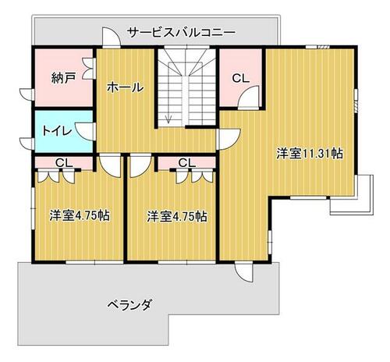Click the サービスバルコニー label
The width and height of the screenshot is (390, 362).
182,33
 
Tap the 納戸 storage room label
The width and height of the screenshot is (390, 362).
64,78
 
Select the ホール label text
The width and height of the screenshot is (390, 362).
126,87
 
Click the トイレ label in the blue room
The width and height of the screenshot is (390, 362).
57,131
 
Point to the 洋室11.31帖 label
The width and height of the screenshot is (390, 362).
310,154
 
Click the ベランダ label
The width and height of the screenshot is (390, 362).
129,304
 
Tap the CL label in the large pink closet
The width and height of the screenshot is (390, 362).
241,78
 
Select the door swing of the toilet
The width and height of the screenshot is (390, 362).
85,131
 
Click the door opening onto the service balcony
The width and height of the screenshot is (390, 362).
111,37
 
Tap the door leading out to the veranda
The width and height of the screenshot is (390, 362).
243,272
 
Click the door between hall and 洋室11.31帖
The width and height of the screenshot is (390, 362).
229,140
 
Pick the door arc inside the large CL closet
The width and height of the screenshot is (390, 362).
249,97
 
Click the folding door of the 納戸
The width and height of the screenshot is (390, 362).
88,69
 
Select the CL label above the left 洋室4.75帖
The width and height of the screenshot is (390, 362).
64,163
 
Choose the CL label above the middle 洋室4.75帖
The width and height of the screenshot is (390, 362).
187,163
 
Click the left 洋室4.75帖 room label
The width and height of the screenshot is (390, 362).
80,215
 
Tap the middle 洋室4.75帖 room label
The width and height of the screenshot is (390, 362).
177,216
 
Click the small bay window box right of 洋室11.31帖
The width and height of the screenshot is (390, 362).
364,194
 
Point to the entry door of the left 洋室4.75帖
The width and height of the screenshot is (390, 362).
110,166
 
